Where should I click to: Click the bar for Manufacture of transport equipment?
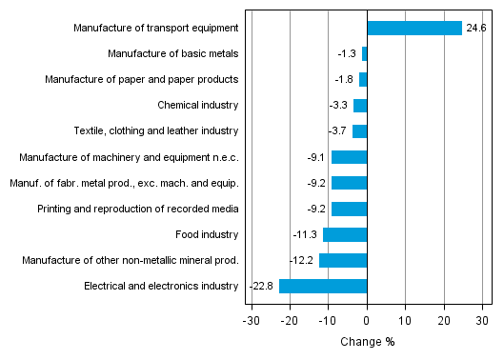pos(414,29)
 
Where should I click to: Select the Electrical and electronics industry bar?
pos(323,286)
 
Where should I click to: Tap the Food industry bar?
pos(345,234)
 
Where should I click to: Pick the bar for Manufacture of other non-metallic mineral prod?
pos(343,260)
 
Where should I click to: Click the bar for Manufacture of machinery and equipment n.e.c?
pos(349,157)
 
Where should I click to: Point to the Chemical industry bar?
pos(360,106)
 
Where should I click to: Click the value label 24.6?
pos(475,29)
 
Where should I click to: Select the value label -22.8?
pos(263,286)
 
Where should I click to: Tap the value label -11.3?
pos(306,234)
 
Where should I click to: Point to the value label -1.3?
pos(348,54)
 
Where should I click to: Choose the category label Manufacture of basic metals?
pos(172,54)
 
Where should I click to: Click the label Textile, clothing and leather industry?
pos(155,131)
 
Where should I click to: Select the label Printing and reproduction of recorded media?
pos(137,209)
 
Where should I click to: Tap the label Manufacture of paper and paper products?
pos(141,80)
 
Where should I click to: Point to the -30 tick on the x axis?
pos(252,321)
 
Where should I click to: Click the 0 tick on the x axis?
pos(367,321)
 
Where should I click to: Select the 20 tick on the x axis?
pos(444,321)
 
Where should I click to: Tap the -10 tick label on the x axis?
pos(328,321)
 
